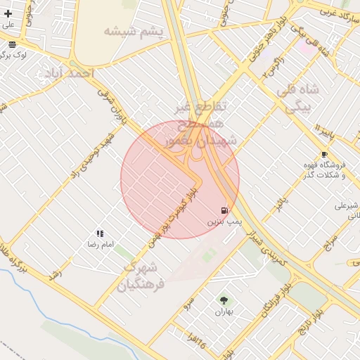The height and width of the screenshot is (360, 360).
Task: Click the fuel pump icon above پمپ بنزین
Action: pyautogui.click(x=224, y=210)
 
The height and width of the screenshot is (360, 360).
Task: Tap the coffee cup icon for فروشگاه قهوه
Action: pyautogui.click(x=323, y=154)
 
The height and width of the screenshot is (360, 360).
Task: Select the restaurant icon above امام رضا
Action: pyautogui.click(x=101, y=233)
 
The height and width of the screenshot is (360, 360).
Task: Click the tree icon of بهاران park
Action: pyautogui.click(x=224, y=301)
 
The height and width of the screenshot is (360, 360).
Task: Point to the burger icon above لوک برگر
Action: pyautogui.click(x=13, y=44)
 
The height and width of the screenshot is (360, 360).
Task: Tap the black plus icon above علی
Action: pyautogui.click(x=8, y=13)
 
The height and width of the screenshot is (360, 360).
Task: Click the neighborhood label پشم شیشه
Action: pyautogui.click(x=133, y=32)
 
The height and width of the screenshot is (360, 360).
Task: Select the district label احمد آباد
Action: pyautogui.click(x=69, y=74)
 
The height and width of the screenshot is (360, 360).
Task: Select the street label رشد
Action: pyautogui.click(x=56, y=274)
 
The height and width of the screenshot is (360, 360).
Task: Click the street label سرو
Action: pyautogui.click(x=188, y=303)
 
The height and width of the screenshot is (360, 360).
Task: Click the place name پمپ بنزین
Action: pyautogui.click(x=224, y=221)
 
